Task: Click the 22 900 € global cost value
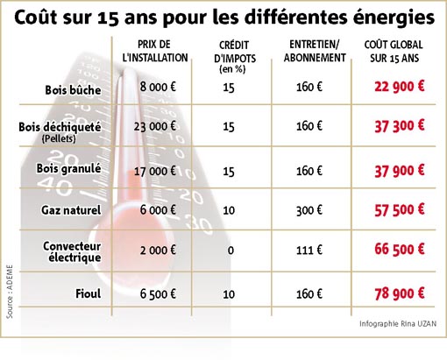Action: pyautogui.click(x=399, y=87)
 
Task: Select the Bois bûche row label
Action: pyautogui.click(x=73, y=90)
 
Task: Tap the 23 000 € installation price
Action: pyautogui.click(x=155, y=126)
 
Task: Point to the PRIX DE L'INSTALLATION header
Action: pyautogui.click(x=155, y=51)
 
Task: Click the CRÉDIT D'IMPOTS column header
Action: pyautogui.click(x=235, y=57)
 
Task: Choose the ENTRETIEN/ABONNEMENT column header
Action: pyautogui.click(x=315, y=51)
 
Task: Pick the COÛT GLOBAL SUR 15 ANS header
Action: pyautogui.click(x=394, y=52)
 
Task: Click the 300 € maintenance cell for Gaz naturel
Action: pyautogui.click(x=309, y=210)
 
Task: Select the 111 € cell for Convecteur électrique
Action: pyautogui.click(x=309, y=250)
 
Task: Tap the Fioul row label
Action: pyautogui.click(x=89, y=293)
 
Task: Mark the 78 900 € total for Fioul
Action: pyautogui.click(x=399, y=293)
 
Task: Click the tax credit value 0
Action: pyautogui.click(x=231, y=251)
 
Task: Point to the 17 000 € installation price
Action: pyautogui.click(x=155, y=171)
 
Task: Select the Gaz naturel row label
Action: pyautogui.click(x=71, y=210)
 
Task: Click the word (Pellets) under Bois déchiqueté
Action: pyautogui.click(x=59, y=138)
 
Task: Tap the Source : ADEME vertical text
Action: pyautogui.click(x=10, y=292)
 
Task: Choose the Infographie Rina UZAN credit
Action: pyautogui.click(x=398, y=323)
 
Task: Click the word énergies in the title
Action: pyautogui.click(x=394, y=18)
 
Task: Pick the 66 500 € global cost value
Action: pyautogui.click(x=399, y=250)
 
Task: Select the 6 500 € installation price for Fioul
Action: pyautogui.click(x=158, y=294)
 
